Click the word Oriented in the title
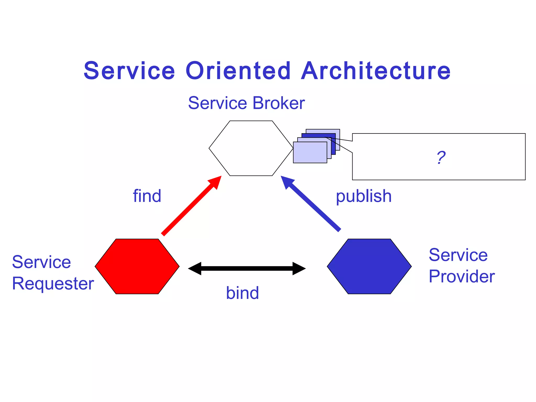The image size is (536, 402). [238, 71]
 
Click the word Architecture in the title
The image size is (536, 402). [376, 71]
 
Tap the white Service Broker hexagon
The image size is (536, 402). [251, 148]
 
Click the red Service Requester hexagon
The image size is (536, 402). [137, 266]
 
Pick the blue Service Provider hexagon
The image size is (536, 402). [369, 266]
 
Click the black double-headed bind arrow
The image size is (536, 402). [247, 268]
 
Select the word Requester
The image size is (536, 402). [53, 284]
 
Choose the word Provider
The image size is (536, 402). [462, 276]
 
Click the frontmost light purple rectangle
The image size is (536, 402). [310, 153]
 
